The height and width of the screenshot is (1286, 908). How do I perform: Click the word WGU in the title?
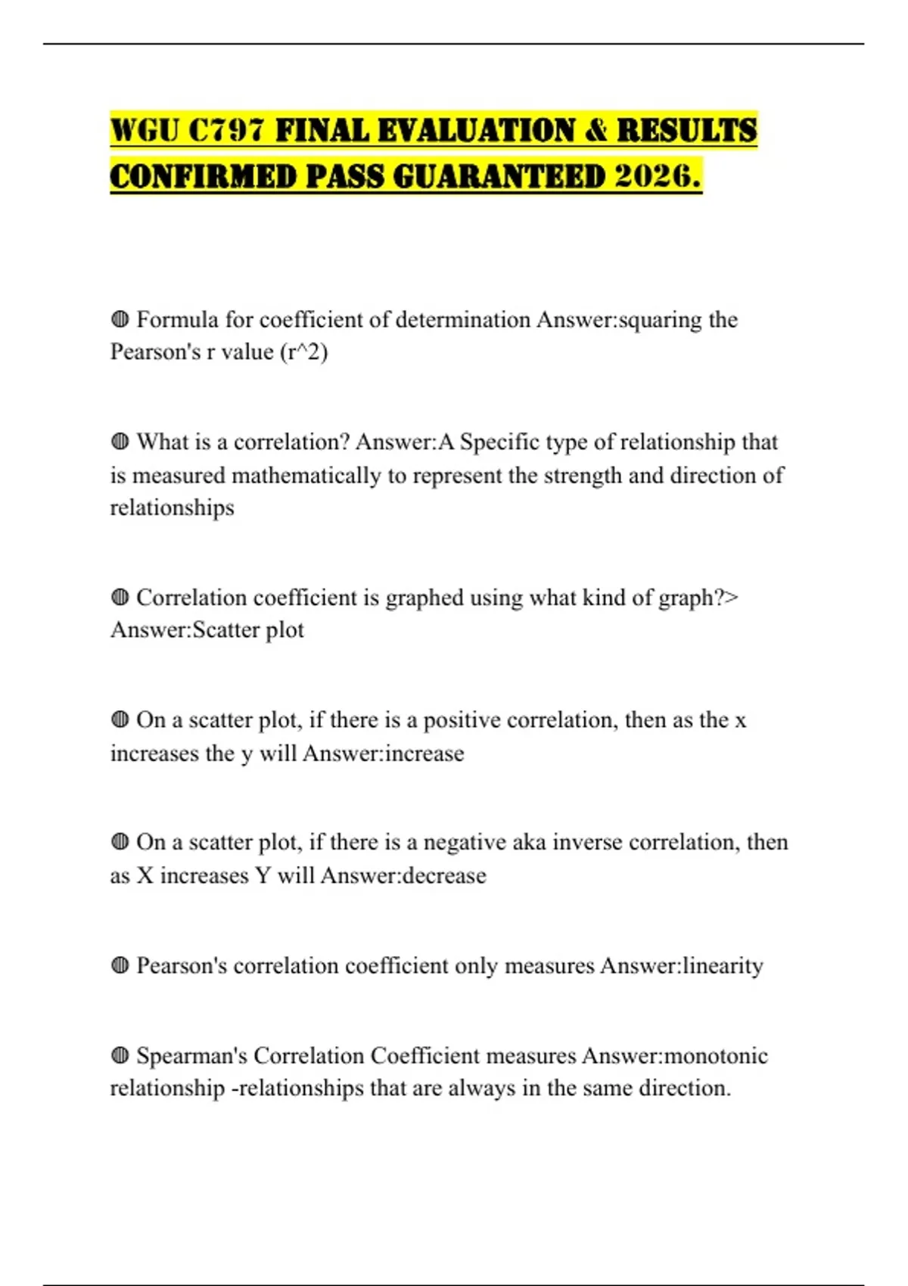point(145,130)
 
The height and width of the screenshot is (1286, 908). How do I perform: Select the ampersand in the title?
point(596,130)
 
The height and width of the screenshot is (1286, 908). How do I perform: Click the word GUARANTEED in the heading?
point(500,177)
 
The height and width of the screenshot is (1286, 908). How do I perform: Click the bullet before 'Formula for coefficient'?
point(120,319)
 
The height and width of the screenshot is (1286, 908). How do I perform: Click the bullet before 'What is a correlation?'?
point(120,442)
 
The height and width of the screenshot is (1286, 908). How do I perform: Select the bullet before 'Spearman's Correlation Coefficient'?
point(120,1055)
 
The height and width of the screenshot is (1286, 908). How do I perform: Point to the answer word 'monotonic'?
point(716,1056)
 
